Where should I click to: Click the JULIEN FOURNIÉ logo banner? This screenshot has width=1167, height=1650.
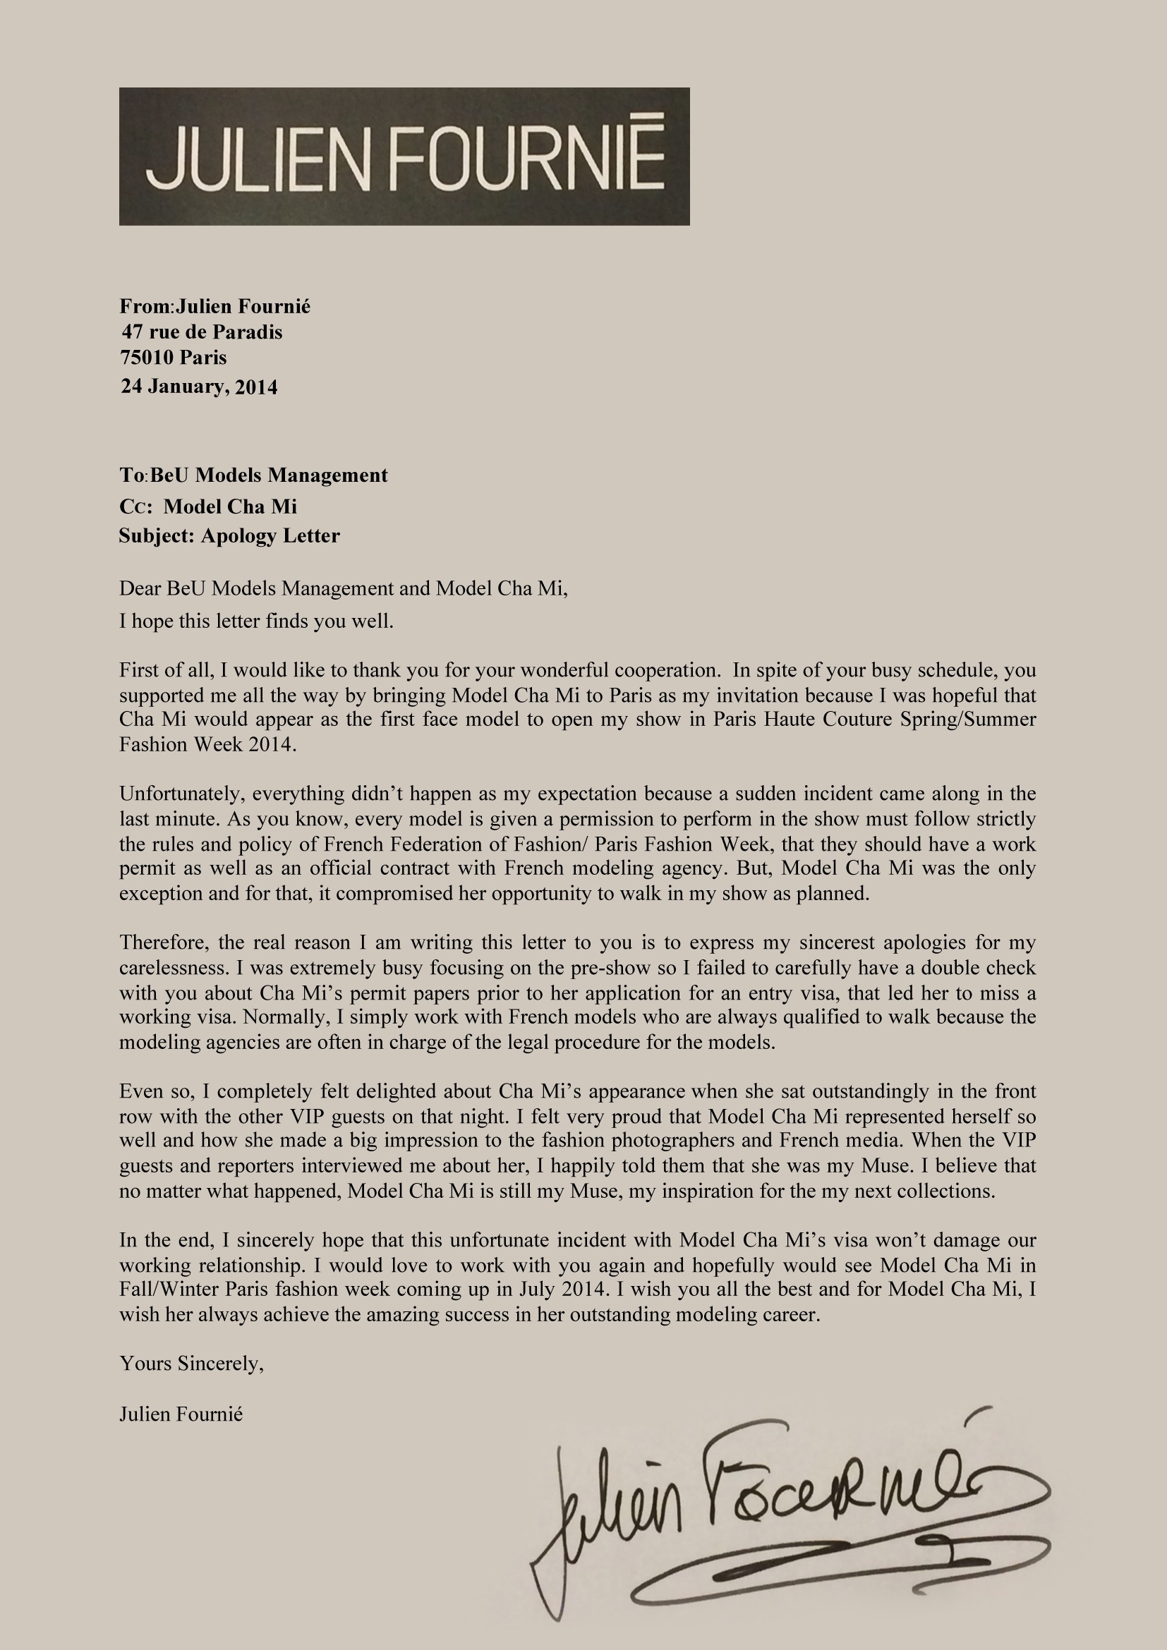(404, 157)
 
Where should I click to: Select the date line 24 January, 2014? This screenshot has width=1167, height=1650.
(199, 387)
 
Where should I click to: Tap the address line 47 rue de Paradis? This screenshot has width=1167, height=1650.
(202, 332)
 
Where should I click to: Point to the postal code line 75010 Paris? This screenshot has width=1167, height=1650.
(173, 357)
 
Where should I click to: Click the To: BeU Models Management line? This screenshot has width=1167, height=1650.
(254, 475)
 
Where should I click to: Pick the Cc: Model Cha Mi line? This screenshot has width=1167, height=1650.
(208, 506)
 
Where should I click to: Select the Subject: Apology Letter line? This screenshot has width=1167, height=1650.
(229, 535)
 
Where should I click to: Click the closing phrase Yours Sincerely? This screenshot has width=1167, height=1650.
(192, 1364)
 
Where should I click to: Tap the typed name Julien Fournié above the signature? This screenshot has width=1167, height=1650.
(181, 1414)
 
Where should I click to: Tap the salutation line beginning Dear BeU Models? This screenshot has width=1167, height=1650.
(344, 588)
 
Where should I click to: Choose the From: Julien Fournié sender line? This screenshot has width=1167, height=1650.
(215, 306)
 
